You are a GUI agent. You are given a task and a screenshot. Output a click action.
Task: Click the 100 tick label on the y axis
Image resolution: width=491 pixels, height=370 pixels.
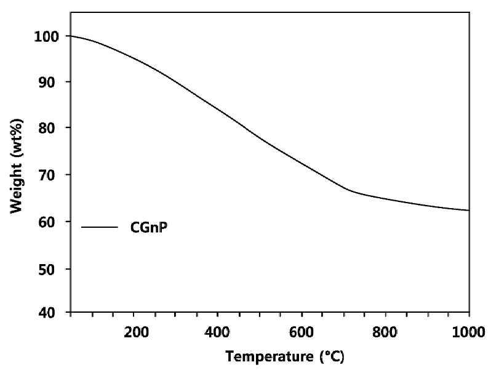point(46,37)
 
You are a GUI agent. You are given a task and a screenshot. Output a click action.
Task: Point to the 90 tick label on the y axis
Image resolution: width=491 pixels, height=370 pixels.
point(47,82)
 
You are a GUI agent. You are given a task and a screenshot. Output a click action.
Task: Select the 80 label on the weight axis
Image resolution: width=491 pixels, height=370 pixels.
point(47,128)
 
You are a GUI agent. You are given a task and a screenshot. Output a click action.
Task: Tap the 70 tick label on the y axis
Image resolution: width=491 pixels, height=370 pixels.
point(47,175)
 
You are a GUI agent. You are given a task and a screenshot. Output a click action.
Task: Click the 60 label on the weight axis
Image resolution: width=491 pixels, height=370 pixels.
point(47,222)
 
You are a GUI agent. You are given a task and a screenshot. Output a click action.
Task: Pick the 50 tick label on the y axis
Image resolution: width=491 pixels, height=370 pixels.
point(47,270)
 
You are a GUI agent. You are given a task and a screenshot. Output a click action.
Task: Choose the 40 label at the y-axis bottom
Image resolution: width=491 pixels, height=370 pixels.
point(47,312)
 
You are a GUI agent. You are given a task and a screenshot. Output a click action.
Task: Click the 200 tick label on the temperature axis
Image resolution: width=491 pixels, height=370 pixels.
point(136,332)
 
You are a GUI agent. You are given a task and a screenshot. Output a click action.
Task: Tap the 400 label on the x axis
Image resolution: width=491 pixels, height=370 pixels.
point(217,332)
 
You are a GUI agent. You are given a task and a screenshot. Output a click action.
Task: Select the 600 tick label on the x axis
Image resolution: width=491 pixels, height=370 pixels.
point(301,332)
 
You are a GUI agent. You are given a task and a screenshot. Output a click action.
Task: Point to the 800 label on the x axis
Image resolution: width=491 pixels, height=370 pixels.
point(385,332)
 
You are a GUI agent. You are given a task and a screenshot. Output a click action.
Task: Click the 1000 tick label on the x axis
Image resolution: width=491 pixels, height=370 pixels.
point(468,332)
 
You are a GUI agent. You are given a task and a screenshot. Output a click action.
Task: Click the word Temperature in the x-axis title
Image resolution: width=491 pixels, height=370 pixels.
point(269,357)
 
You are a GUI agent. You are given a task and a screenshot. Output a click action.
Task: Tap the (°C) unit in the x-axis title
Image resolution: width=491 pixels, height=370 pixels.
point(332,357)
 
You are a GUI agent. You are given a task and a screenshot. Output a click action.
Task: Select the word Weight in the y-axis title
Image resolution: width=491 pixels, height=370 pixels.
point(17,188)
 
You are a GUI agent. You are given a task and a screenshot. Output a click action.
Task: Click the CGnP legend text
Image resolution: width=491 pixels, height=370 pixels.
point(149,227)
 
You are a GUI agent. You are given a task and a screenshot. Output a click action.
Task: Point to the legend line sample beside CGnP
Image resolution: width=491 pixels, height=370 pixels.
point(100,227)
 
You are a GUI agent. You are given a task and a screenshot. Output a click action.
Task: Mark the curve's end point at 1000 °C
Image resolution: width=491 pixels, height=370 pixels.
point(469,210)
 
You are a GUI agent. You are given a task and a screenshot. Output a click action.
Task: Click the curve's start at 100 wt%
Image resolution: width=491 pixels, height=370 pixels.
point(71,36)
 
